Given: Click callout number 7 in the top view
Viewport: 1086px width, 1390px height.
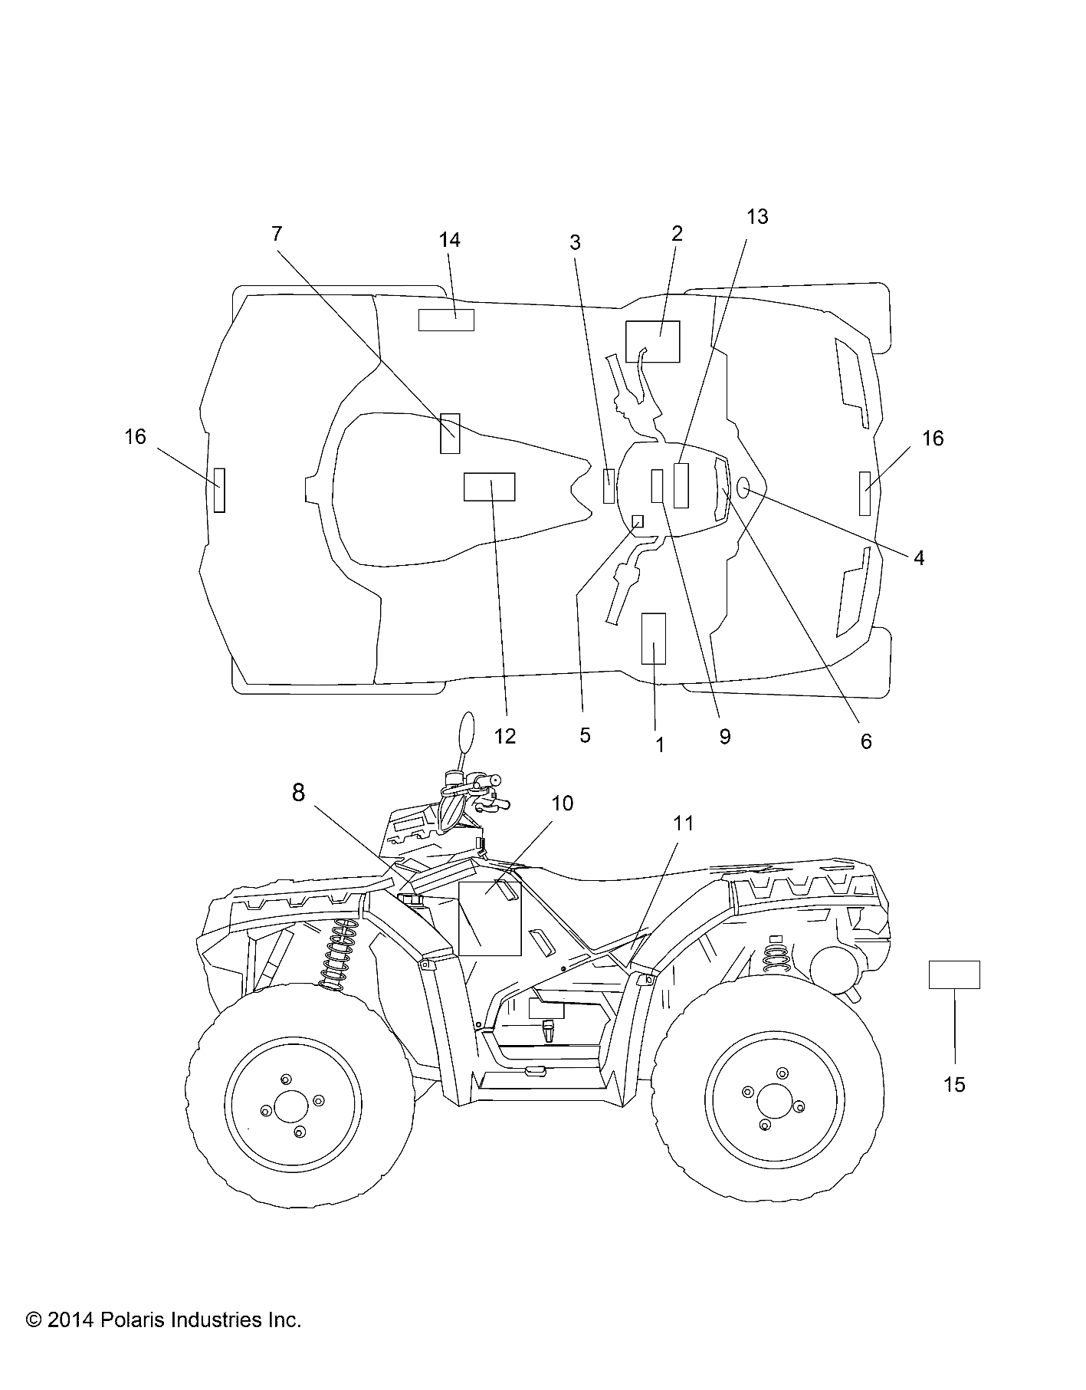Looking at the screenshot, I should [x=277, y=234].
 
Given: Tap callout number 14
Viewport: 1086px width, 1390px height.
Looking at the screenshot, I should [x=450, y=240].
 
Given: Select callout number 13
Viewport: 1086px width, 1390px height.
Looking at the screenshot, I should [x=756, y=217].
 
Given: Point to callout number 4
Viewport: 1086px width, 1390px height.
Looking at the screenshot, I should [x=918, y=558].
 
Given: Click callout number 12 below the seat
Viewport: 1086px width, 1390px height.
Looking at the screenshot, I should [x=505, y=736].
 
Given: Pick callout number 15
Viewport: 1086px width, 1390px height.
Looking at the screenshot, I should [x=955, y=1085].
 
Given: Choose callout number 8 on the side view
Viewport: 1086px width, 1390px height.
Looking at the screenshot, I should [x=298, y=793].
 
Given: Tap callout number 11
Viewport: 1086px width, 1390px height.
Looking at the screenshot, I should [x=683, y=823].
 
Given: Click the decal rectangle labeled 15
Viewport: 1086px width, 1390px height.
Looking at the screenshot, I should [x=954, y=974].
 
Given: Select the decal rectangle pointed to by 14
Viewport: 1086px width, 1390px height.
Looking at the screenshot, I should [x=446, y=320].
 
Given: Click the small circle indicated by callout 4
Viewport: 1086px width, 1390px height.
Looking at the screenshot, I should [x=743, y=486].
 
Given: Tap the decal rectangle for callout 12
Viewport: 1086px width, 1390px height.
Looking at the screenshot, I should [x=489, y=487].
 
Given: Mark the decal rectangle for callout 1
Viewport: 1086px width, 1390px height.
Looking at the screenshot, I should [x=654, y=638].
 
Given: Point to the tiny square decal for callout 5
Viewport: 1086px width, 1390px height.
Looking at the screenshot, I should [x=637, y=521].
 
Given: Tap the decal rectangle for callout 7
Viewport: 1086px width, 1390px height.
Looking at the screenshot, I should [x=450, y=433].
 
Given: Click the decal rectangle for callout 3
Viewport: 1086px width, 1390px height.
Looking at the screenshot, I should [x=609, y=485].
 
